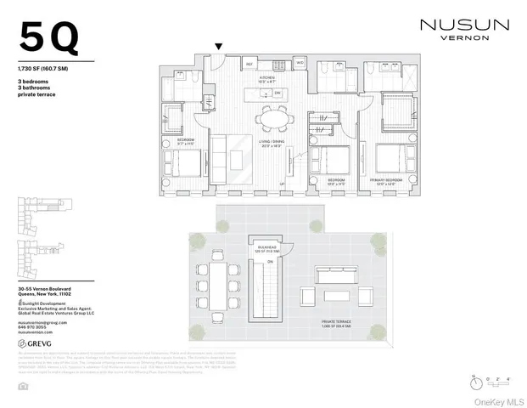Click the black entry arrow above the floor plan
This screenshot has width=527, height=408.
pos(219,46)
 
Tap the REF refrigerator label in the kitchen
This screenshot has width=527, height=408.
pos(250,64)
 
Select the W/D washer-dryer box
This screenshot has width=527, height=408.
pos(300,62)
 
